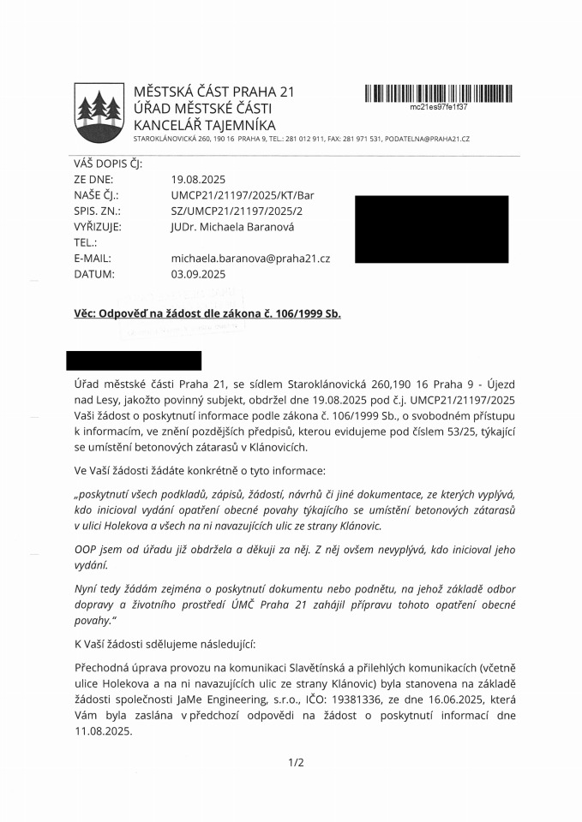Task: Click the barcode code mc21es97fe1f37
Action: point(438,107)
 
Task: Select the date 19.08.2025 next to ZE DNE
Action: point(198,180)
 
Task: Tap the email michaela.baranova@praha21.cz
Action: point(250,258)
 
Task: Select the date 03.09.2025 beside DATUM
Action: point(198,274)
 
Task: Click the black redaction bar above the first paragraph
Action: point(133,360)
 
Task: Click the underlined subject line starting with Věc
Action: point(207,313)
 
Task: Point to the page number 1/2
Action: point(296,762)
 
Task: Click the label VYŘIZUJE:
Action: point(98,227)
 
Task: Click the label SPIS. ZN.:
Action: point(97,211)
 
